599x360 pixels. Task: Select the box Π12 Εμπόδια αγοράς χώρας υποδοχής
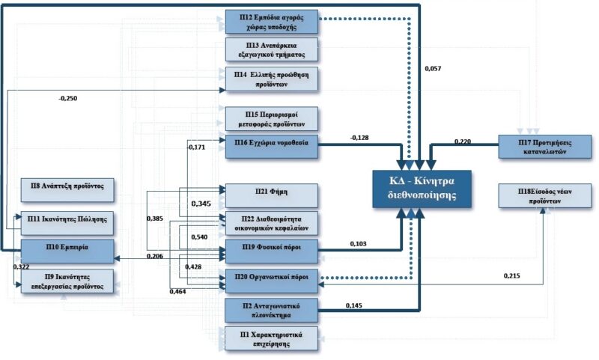[272, 21]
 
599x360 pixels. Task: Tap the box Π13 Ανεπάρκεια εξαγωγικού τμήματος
[272, 49]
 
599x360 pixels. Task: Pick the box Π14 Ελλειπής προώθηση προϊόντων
[272, 79]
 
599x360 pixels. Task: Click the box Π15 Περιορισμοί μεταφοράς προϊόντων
[272, 118]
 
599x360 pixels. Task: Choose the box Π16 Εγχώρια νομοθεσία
[272, 142]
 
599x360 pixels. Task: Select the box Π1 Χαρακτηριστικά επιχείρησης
[272, 338]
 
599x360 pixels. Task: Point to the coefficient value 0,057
[434, 69]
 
